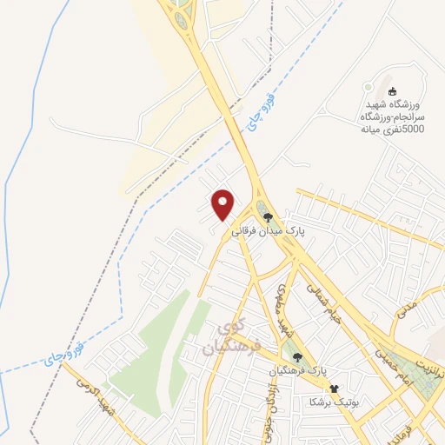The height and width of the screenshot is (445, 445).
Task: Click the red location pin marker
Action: point(224,204)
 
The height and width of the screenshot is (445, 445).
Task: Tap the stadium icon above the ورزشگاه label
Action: point(392,91)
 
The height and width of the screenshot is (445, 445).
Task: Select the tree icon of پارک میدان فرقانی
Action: point(269,217)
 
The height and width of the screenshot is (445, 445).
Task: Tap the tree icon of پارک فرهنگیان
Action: point(297,356)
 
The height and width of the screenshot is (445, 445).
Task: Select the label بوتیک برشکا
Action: point(331,402)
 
